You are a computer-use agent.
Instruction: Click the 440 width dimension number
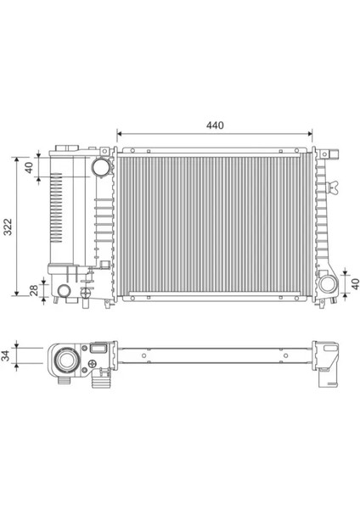pyautogui.click(x=214, y=126)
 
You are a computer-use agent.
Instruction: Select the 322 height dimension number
pyautogui.click(x=8, y=227)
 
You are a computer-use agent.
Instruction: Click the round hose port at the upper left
pyautogui.click(x=101, y=167)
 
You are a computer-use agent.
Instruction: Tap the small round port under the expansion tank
pyautogui.click(x=65, y=291)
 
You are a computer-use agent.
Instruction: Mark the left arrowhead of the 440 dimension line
pyautogui.click(x=120, y=134)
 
